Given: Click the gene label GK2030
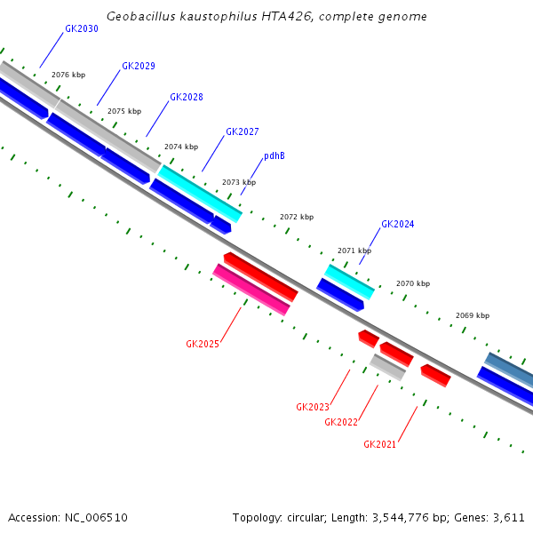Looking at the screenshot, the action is point(81,29).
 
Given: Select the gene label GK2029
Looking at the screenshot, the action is point(138,66).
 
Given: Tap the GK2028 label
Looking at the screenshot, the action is point(186,97).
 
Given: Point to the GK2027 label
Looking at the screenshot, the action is point(242,131).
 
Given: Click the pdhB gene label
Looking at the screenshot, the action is point(274,155).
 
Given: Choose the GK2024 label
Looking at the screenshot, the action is point(397,225).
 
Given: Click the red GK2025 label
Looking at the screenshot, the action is point(202,344).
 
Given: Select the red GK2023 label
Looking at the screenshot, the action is point(312,407).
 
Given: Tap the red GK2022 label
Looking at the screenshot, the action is point(341,422).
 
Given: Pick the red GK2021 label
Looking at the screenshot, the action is point(379,444).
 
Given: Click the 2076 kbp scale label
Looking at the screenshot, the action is point(68,76).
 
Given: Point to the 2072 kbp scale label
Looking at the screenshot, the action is point(296,217).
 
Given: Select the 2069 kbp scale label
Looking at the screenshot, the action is point(472,315).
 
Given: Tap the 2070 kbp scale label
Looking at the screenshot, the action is point(412,283).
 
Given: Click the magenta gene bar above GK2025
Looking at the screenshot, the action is point(251,290).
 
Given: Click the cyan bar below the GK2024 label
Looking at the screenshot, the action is point(349,281).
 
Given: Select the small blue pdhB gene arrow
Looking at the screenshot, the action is point(220,226).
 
